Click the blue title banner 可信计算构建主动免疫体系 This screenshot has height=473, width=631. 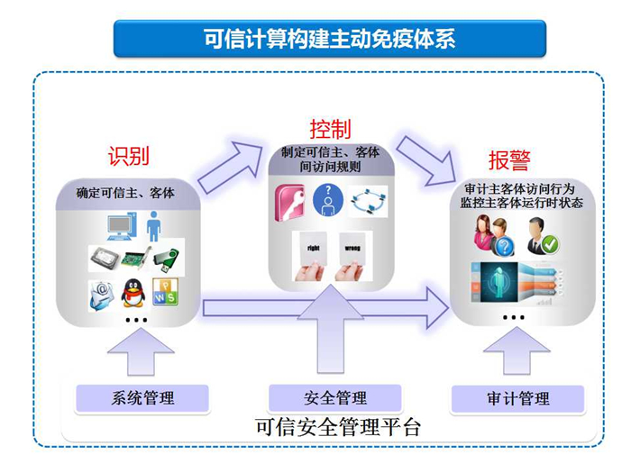330,39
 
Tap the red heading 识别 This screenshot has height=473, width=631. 128,156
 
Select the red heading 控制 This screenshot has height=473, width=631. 331,129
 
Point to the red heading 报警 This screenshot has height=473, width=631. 509,160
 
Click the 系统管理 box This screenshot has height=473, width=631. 142,398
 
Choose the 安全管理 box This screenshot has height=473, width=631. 335,398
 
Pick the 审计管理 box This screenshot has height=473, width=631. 518,398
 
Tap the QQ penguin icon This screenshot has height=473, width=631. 133,293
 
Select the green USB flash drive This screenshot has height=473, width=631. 166,259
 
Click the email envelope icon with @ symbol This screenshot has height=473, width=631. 101,296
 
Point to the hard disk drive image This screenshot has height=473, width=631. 105,259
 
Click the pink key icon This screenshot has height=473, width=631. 289,203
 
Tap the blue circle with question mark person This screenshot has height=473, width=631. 328,200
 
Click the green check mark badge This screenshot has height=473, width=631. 550,244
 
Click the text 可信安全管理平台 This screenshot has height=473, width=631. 338,427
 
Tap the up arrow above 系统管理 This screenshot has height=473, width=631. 141,352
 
